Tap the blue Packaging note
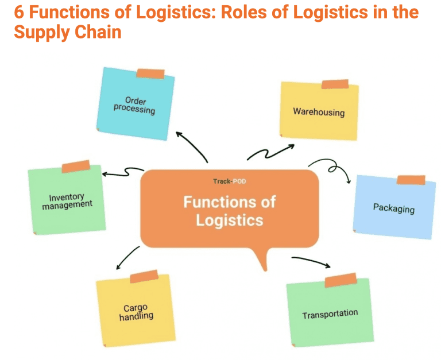point(394,207)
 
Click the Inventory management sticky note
point(67,200)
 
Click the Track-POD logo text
point(229,181)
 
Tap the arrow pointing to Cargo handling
point(127,258)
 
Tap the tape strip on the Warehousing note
point(335,84)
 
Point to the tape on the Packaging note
point(411,180)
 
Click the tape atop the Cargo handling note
point(144,277)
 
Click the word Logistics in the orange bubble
point(229,220)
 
